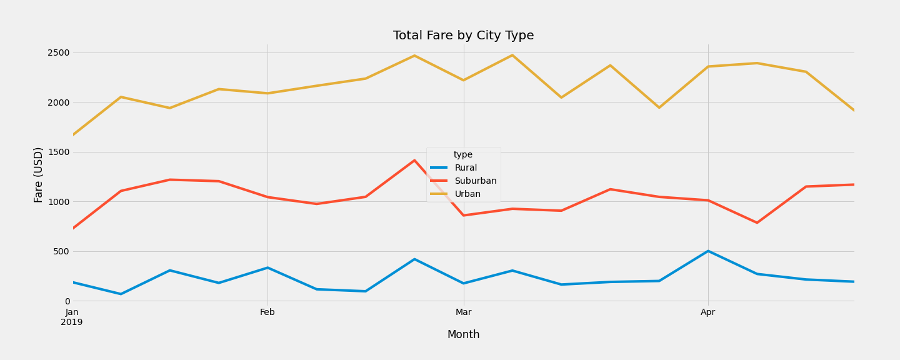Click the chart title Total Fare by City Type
point(463,36)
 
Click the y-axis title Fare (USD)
point(39,174)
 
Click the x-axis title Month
point(463,335)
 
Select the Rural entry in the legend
point(466,168)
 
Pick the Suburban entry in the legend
point(475,181)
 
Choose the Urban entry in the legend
point(467,194)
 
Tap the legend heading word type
point(463,155)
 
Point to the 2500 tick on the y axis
point(59,52)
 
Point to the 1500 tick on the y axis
point(59,152)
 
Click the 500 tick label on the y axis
point(61,251)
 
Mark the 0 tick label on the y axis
point(67,301)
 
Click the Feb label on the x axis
point(267,312)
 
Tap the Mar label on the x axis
point(463,312)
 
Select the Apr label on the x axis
point(708,312)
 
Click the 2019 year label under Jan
point(72,322)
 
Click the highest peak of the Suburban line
point(414,161)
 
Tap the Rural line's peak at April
point(708,251)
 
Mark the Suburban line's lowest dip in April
point(757,222)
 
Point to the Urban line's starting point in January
point(72,135)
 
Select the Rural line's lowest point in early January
point(121,294)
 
